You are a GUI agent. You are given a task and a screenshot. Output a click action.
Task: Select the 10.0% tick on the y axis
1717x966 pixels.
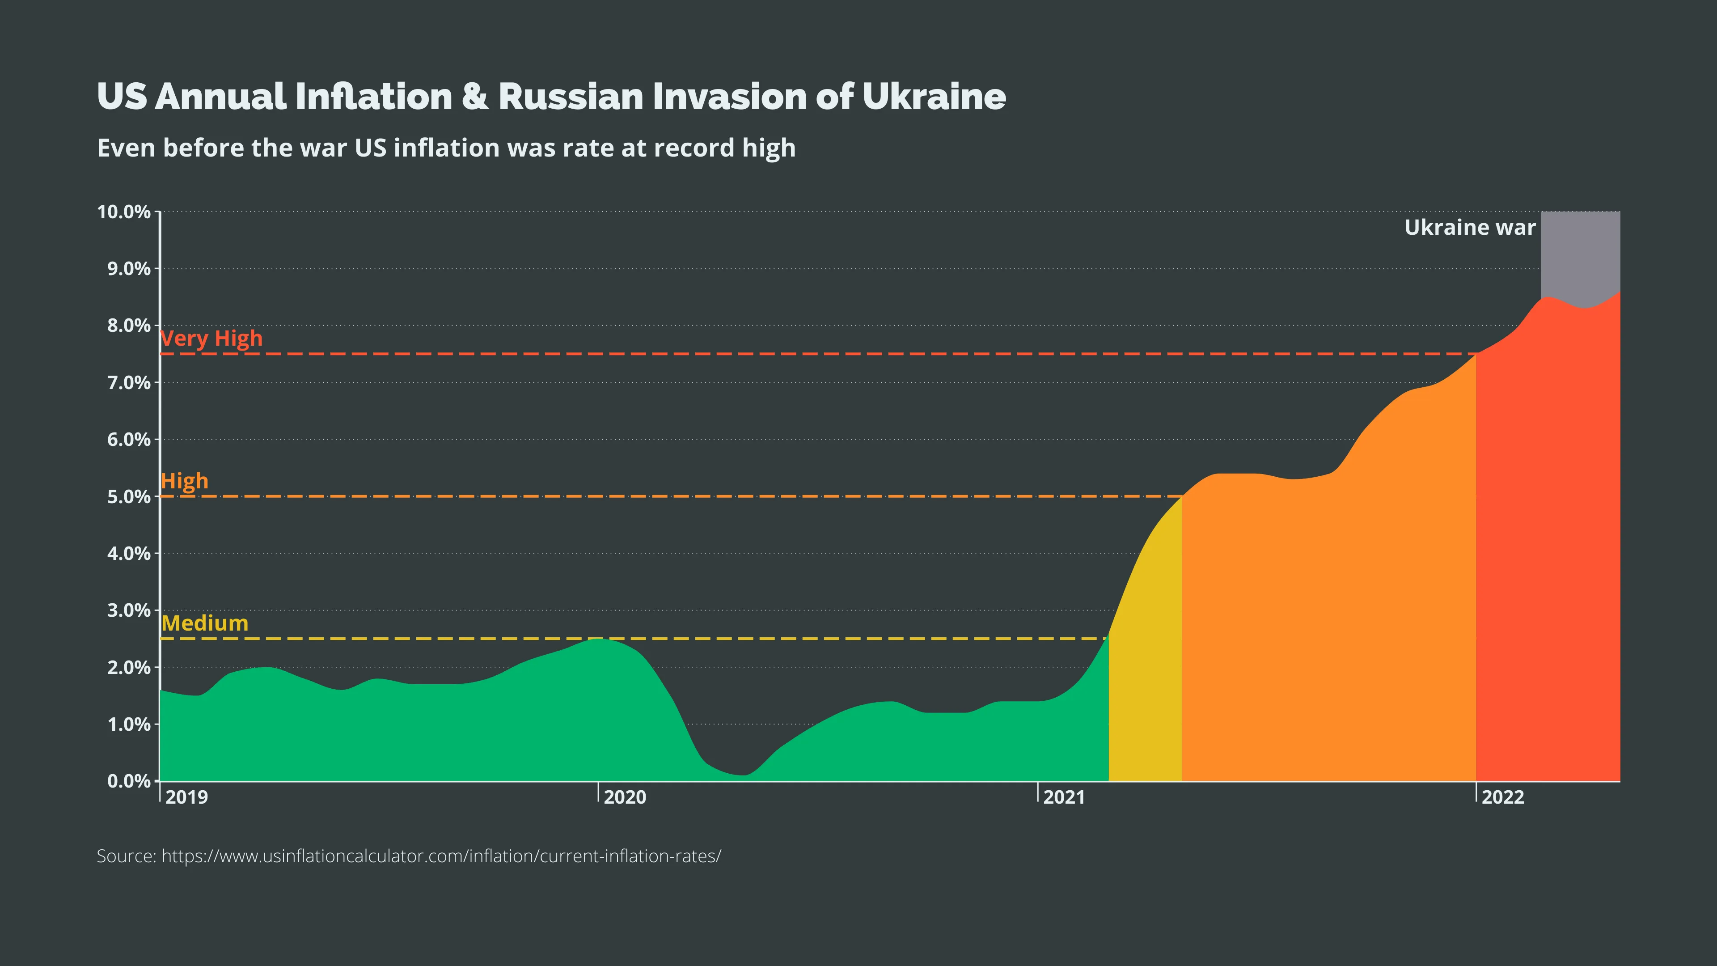tap(124, 212)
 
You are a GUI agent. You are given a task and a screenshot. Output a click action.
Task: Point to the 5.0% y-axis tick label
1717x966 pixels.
tap(129, 497)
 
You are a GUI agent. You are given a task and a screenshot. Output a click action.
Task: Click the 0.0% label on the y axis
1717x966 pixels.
tap(129, 781)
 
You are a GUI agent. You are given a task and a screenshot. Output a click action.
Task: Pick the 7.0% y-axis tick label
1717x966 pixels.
tap(129, 383)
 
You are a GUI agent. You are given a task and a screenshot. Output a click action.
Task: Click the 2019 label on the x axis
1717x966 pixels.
tap(186, 797)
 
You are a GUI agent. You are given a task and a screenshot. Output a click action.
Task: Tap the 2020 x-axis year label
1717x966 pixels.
tap(625, 797)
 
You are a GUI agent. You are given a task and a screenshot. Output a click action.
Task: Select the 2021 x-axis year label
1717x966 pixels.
tap(1064, 797)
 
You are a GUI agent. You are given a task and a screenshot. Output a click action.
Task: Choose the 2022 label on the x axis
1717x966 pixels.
tap(1502, 797)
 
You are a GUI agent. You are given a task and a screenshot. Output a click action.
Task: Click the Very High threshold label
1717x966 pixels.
tap(211, 339)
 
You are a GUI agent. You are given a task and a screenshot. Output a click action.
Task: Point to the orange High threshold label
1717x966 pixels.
tap(185, 481)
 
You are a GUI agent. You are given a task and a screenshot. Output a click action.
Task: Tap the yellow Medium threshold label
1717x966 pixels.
tap(205, 623)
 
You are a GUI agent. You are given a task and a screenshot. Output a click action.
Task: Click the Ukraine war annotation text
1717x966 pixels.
tap(1470, 227)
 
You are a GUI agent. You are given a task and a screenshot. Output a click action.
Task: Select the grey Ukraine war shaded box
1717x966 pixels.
tap(1580, 253)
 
